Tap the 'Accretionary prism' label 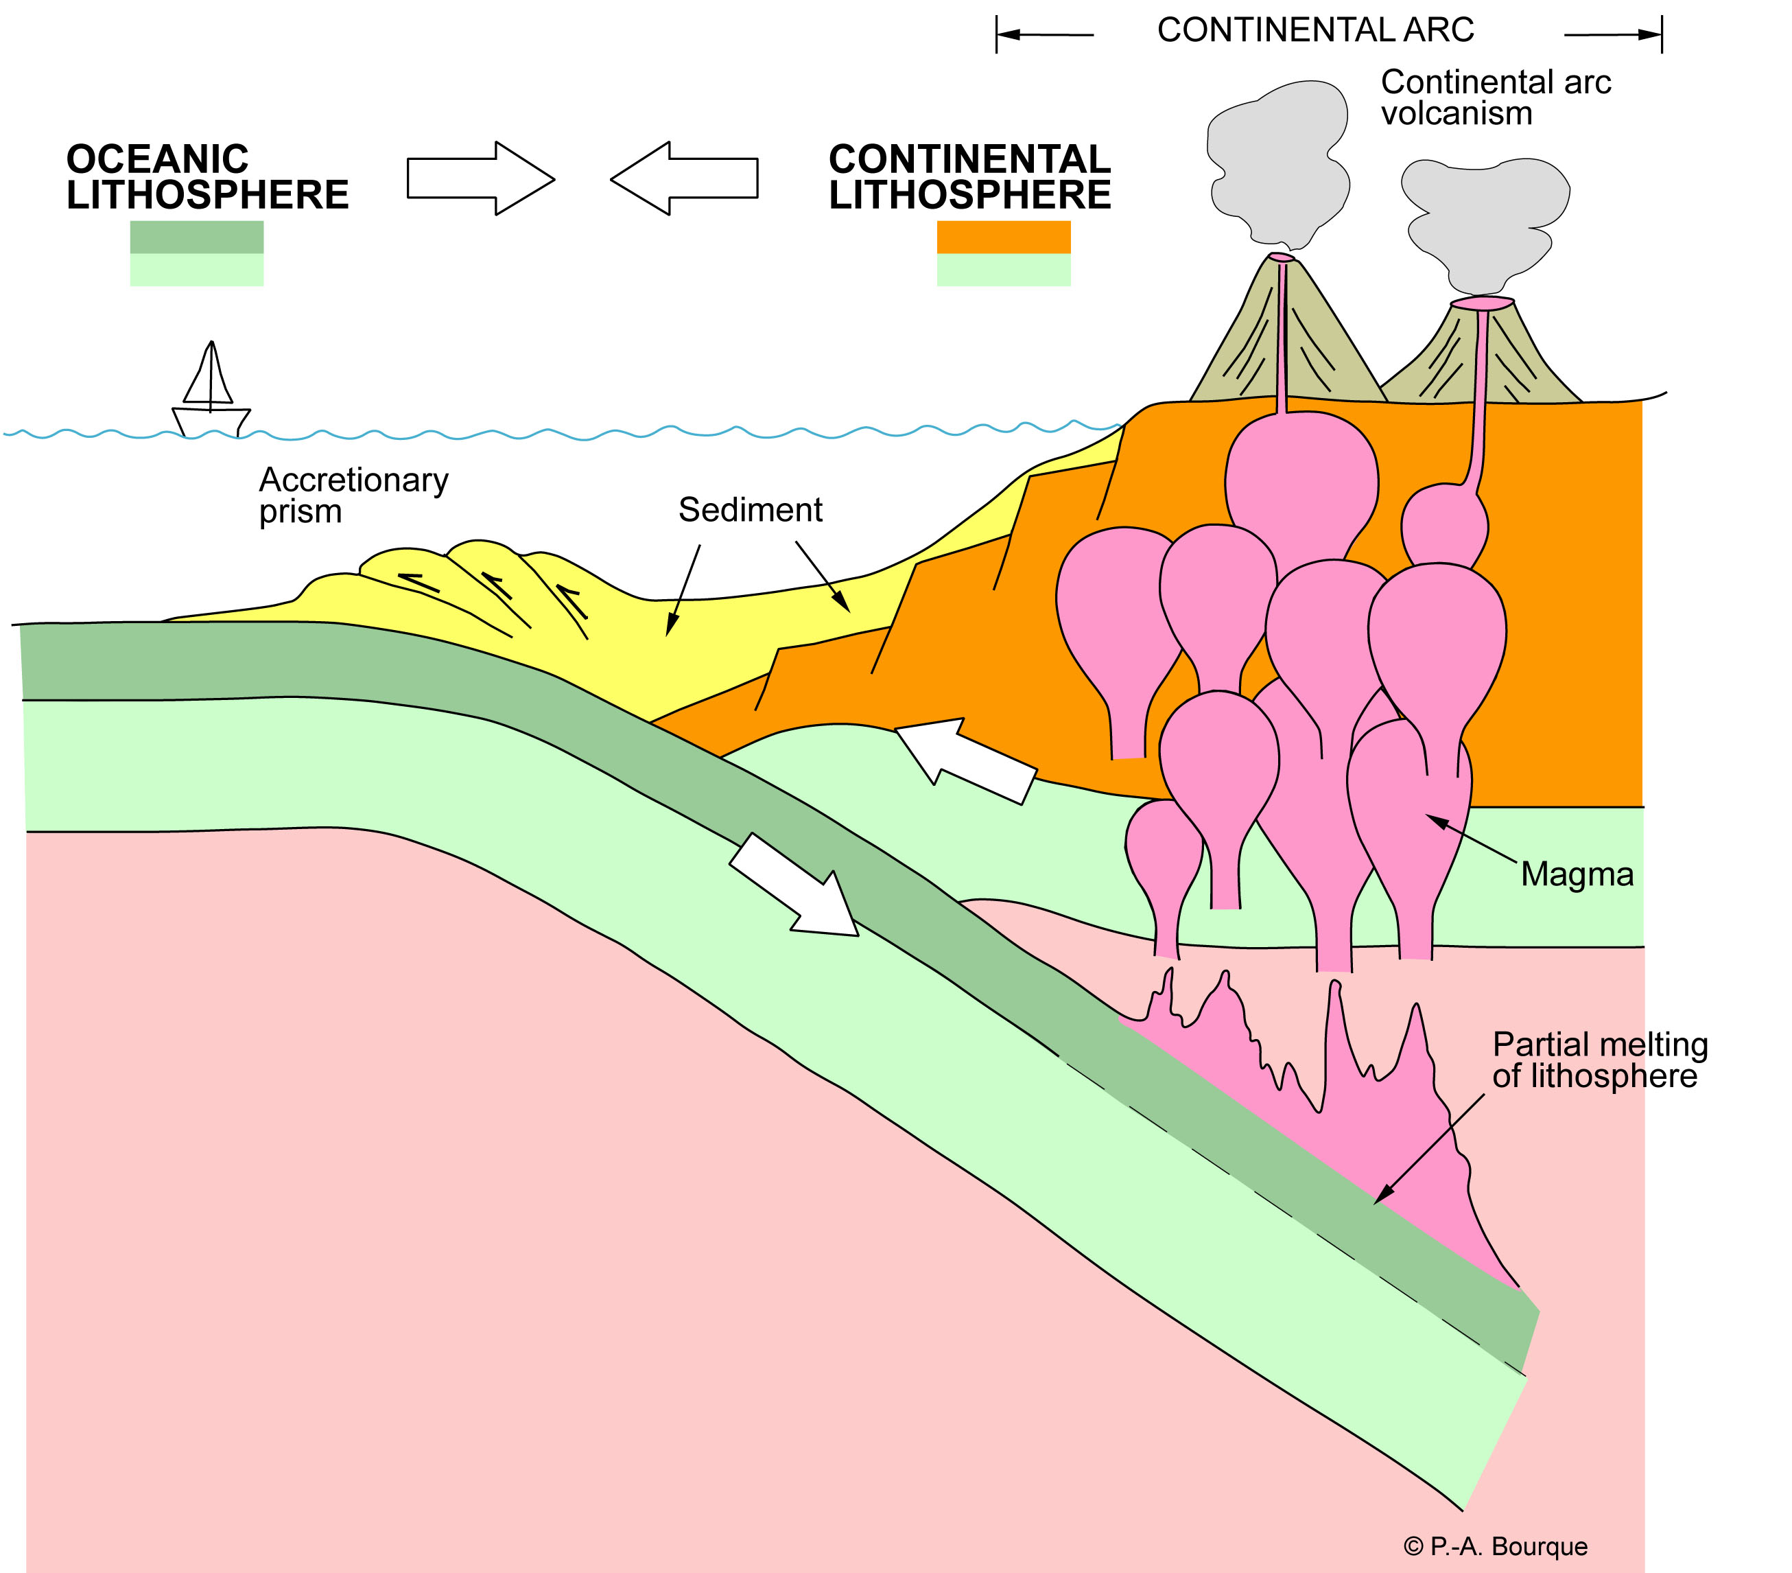click(353, 496)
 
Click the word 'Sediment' click(750, 511)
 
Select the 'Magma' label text click(1577, 874)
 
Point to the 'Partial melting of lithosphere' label click(1599, 1060)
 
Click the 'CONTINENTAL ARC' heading click(1315, 31)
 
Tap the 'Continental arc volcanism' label click(1495, 97)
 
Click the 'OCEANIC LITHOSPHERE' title click(207, 177)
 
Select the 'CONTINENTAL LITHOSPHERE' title click(969, 177)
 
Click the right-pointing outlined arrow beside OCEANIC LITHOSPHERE click(480, 178)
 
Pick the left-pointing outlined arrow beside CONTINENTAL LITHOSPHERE click(684, 178)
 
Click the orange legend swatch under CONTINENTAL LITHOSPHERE click(1003, 237)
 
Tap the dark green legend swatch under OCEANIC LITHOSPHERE click(196, 237)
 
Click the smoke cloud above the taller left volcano click(1277, 162)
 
